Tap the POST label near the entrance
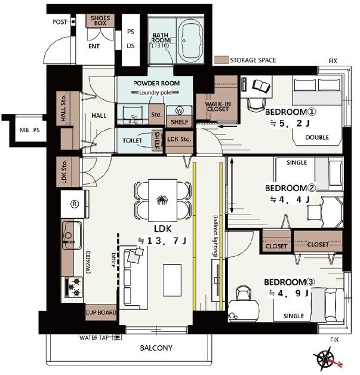tap(60, 22)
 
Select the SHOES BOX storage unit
tap(100, 20)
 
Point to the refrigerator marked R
tap(75, 204)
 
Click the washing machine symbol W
tap(179, 110)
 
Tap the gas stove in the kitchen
tap(73, 287)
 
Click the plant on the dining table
tap(162, 199)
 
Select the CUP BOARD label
tap(101, 312)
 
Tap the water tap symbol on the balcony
tap(117, 337)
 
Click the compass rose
tap(326, 359)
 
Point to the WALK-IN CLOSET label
tap(218, 107)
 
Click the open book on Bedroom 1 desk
tap(261, 85)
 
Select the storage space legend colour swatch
tap(221, 60)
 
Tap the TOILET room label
tap(132, 140)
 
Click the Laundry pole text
tap(155, 93)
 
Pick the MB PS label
tap(30, 130)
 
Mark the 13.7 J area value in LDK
tap(163, 241)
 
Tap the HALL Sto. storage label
tap(63, 108)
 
